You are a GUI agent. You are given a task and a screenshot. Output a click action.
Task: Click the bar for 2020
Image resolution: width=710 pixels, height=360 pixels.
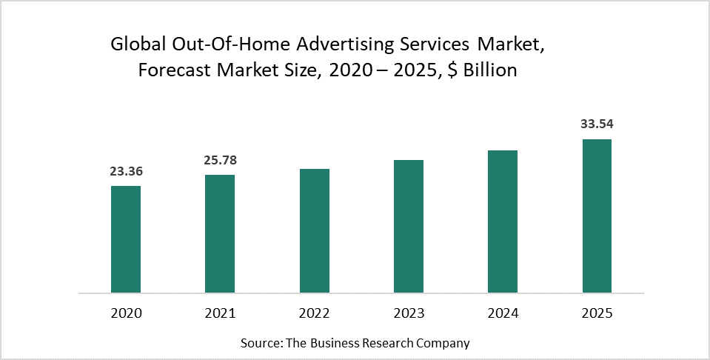click(126, 239)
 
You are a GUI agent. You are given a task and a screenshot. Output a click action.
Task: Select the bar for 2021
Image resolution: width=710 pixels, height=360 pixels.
click(220, 234)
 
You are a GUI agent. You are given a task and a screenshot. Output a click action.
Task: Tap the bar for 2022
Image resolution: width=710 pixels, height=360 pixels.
click(315, 231)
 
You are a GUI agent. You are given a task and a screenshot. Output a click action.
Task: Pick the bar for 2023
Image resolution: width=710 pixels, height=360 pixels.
click(409, 227)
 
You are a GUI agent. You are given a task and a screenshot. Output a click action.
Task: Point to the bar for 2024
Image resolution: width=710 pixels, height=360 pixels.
click(503, 221)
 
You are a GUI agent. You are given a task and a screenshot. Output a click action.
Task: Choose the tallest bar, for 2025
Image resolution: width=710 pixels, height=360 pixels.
click(597, 216)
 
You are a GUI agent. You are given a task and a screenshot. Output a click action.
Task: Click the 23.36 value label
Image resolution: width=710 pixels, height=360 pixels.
click(126, 171)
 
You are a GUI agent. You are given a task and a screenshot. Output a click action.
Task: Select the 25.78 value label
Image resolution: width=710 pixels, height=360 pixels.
click(220, 160)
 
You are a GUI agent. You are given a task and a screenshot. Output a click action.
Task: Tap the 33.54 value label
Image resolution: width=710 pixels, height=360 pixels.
click(597, 124)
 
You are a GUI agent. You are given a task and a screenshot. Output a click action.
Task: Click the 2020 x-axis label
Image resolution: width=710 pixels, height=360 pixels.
click(126, 313)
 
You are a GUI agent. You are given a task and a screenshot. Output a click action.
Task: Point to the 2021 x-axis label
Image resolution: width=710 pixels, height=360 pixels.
click(220, 313)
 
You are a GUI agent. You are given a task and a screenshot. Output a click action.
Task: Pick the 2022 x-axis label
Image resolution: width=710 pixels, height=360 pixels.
click(315, 313)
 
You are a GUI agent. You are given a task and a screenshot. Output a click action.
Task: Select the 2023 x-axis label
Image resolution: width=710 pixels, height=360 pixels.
click(409, 313)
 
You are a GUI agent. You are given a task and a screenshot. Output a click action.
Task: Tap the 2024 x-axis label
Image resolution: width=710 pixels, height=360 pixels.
click(503, 313)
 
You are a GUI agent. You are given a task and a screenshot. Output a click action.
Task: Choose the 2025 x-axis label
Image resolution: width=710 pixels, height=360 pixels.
click(597, 313)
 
